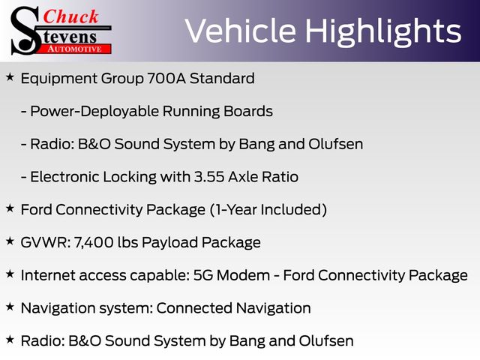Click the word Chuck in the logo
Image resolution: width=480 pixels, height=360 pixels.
[x=70, y=16]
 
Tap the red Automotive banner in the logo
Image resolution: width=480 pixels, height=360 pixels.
[x=75, y=49]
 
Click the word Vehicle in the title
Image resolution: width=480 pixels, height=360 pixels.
[x=241, y=31]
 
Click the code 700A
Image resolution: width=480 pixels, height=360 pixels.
[x=166, y=78]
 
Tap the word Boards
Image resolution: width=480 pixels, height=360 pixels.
[x=248, y=111]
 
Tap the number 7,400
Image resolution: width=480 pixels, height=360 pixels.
[x=94, y=243]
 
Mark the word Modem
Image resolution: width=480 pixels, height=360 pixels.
[x=243, y=275]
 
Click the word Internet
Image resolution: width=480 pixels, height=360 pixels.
[x=48, y=275]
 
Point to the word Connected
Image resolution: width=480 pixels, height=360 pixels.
[x=194, y=308]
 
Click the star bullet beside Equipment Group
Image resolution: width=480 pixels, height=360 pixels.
[x=10, y=77]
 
